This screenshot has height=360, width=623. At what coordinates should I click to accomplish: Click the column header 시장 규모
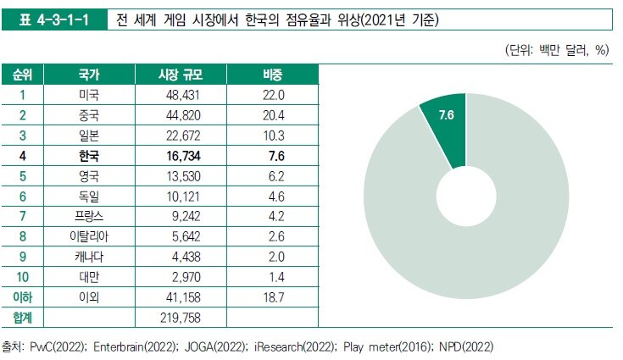[182, 75]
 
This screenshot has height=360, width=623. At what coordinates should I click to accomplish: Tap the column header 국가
[88, 75]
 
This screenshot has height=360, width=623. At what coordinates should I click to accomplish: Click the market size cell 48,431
[182, 95]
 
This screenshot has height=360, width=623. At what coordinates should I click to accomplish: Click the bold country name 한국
[88, 156]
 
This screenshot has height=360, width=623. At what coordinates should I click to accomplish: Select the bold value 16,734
[182, 156]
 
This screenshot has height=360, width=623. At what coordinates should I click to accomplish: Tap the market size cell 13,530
[182, 176]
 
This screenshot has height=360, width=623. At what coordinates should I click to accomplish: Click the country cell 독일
[88, 196]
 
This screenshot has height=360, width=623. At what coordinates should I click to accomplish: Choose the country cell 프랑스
[88, 216]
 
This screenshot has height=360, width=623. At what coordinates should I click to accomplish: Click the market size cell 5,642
[184, 236]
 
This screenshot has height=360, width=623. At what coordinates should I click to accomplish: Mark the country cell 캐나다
[88, 257]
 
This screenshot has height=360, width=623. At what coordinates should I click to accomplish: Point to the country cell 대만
[88, 277]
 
